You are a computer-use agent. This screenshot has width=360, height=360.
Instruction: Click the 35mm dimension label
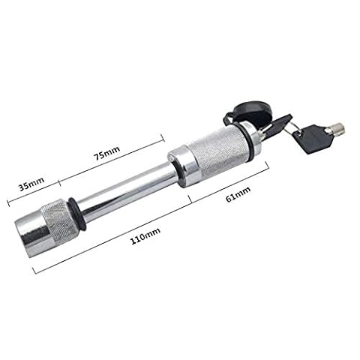pos(31,184)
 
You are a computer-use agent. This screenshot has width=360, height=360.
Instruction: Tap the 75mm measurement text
pos(106,153)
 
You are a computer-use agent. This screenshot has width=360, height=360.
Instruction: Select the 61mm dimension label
pos(238,194)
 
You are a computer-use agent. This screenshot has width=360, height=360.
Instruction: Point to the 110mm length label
pos(145,235)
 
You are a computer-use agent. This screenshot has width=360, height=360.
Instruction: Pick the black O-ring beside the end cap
pos(77,213)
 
